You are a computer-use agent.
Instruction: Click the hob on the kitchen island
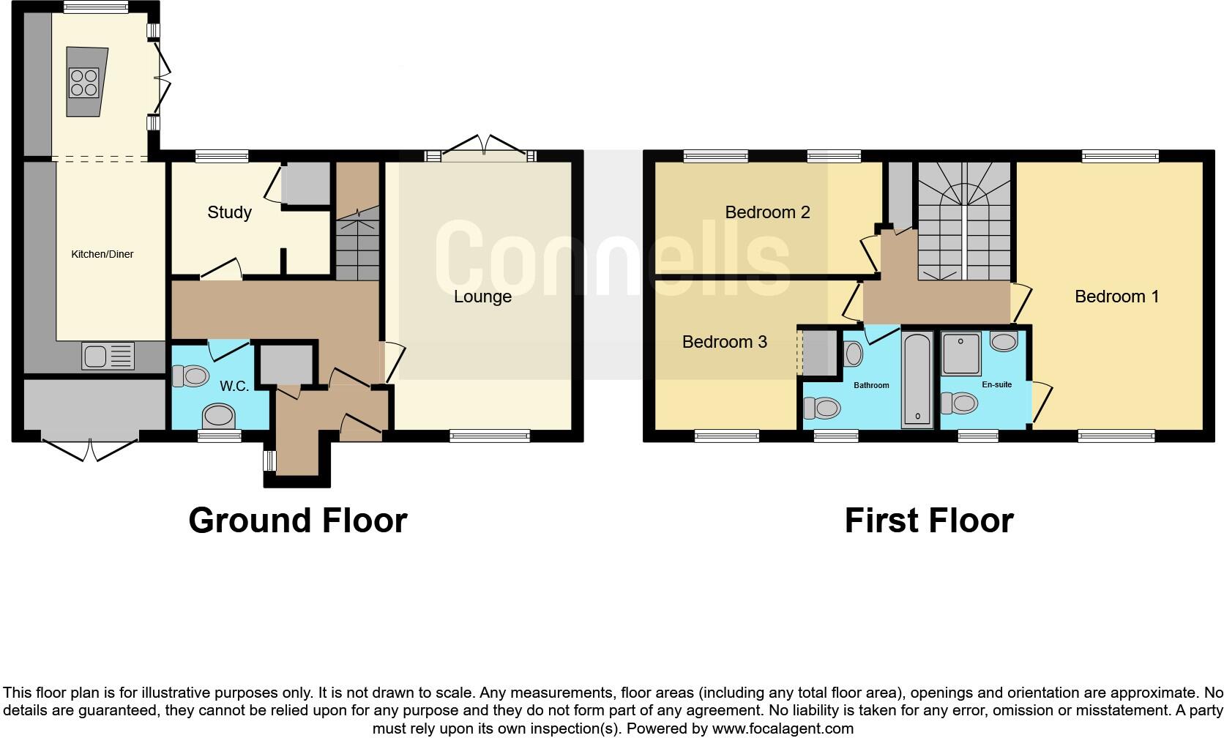point(83,82)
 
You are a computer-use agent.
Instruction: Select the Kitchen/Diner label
point(102,254)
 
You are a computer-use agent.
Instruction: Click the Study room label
point(229,212)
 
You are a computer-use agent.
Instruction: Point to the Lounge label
point(482,297)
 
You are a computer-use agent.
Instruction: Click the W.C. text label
point(234,386)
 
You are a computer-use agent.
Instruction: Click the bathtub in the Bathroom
point(917,379)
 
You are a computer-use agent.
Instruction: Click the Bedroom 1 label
point(1116,297)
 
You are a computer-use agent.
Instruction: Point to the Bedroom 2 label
point(767,212)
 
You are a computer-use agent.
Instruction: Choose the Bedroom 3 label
point(724,342)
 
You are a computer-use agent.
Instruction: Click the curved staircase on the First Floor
point(965,220)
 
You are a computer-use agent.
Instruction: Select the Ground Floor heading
point(297,521)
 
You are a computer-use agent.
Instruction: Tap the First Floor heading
point(928,521)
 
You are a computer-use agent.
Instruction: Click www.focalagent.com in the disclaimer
point(783,728)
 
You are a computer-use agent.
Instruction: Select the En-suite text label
point(996,384)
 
